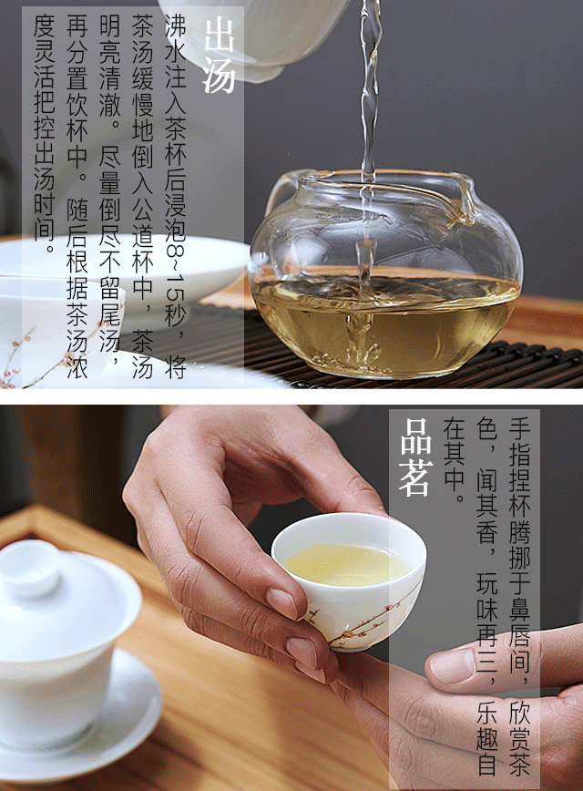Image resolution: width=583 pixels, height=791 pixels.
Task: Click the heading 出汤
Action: [219, 55]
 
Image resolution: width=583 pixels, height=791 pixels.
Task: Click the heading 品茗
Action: [416, 457]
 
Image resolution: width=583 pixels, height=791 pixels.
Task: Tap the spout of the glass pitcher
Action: [465, 201]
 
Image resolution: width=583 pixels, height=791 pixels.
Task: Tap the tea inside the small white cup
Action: [347, 565]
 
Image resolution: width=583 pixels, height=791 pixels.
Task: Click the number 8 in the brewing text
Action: [176, 253]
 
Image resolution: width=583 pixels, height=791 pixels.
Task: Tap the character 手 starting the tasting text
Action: [519, 429]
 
